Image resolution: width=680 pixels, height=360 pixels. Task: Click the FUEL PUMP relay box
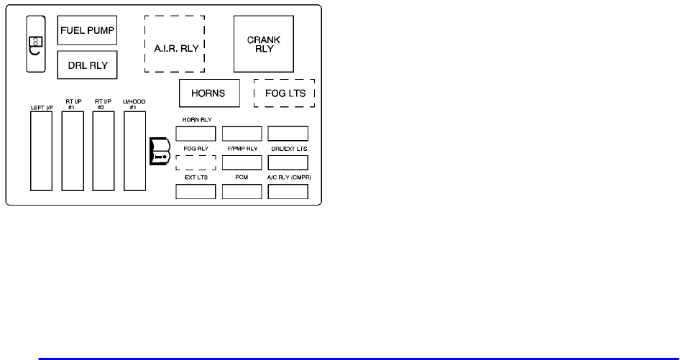tap(87, 31)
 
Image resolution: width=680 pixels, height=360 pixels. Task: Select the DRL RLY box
tap(87, 65)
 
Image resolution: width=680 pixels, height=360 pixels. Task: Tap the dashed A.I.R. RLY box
tap(175, 43)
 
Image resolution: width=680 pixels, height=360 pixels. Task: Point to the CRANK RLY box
tap(265, 44)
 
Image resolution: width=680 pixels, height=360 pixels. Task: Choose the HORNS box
tap(209, 93)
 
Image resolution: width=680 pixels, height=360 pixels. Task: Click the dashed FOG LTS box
tap(285, 93)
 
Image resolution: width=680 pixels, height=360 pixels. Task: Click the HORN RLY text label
tap(196, 120)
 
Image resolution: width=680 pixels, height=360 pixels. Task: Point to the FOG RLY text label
tap(196, 148)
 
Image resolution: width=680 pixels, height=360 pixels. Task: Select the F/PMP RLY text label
tap(242, 148)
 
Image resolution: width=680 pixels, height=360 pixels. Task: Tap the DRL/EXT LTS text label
tap(288, 148)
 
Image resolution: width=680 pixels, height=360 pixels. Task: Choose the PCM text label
tap(242, 176)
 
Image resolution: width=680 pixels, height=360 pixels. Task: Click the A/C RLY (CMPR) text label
tap(288, 176)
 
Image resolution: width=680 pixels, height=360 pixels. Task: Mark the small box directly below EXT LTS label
tap(196, 191)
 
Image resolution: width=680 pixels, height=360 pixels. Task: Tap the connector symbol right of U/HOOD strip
tap(158, 151)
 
